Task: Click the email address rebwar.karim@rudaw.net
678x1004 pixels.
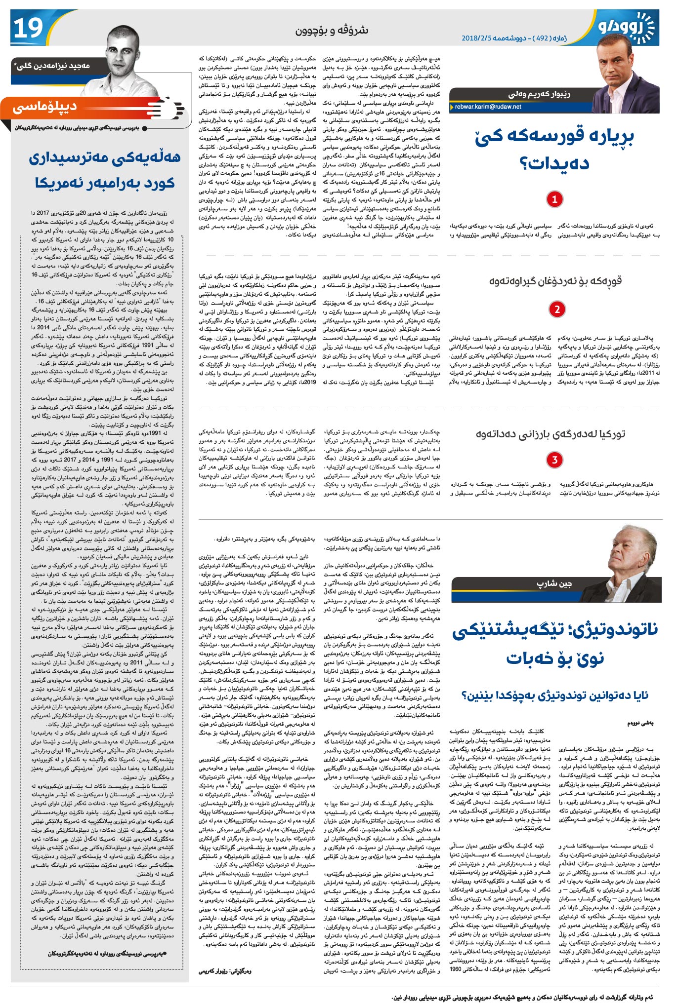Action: pyautogui.click(x=487, y=107)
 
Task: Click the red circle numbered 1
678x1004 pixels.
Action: pyautogui.click(x=554, y=199)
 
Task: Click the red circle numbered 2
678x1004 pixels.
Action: pyautogui.click(x=556, y=309)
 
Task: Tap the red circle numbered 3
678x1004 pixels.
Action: pyautogui.click(x=554, y=460)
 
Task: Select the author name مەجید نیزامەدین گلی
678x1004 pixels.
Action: pyautogui.click(x=52, y=66)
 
